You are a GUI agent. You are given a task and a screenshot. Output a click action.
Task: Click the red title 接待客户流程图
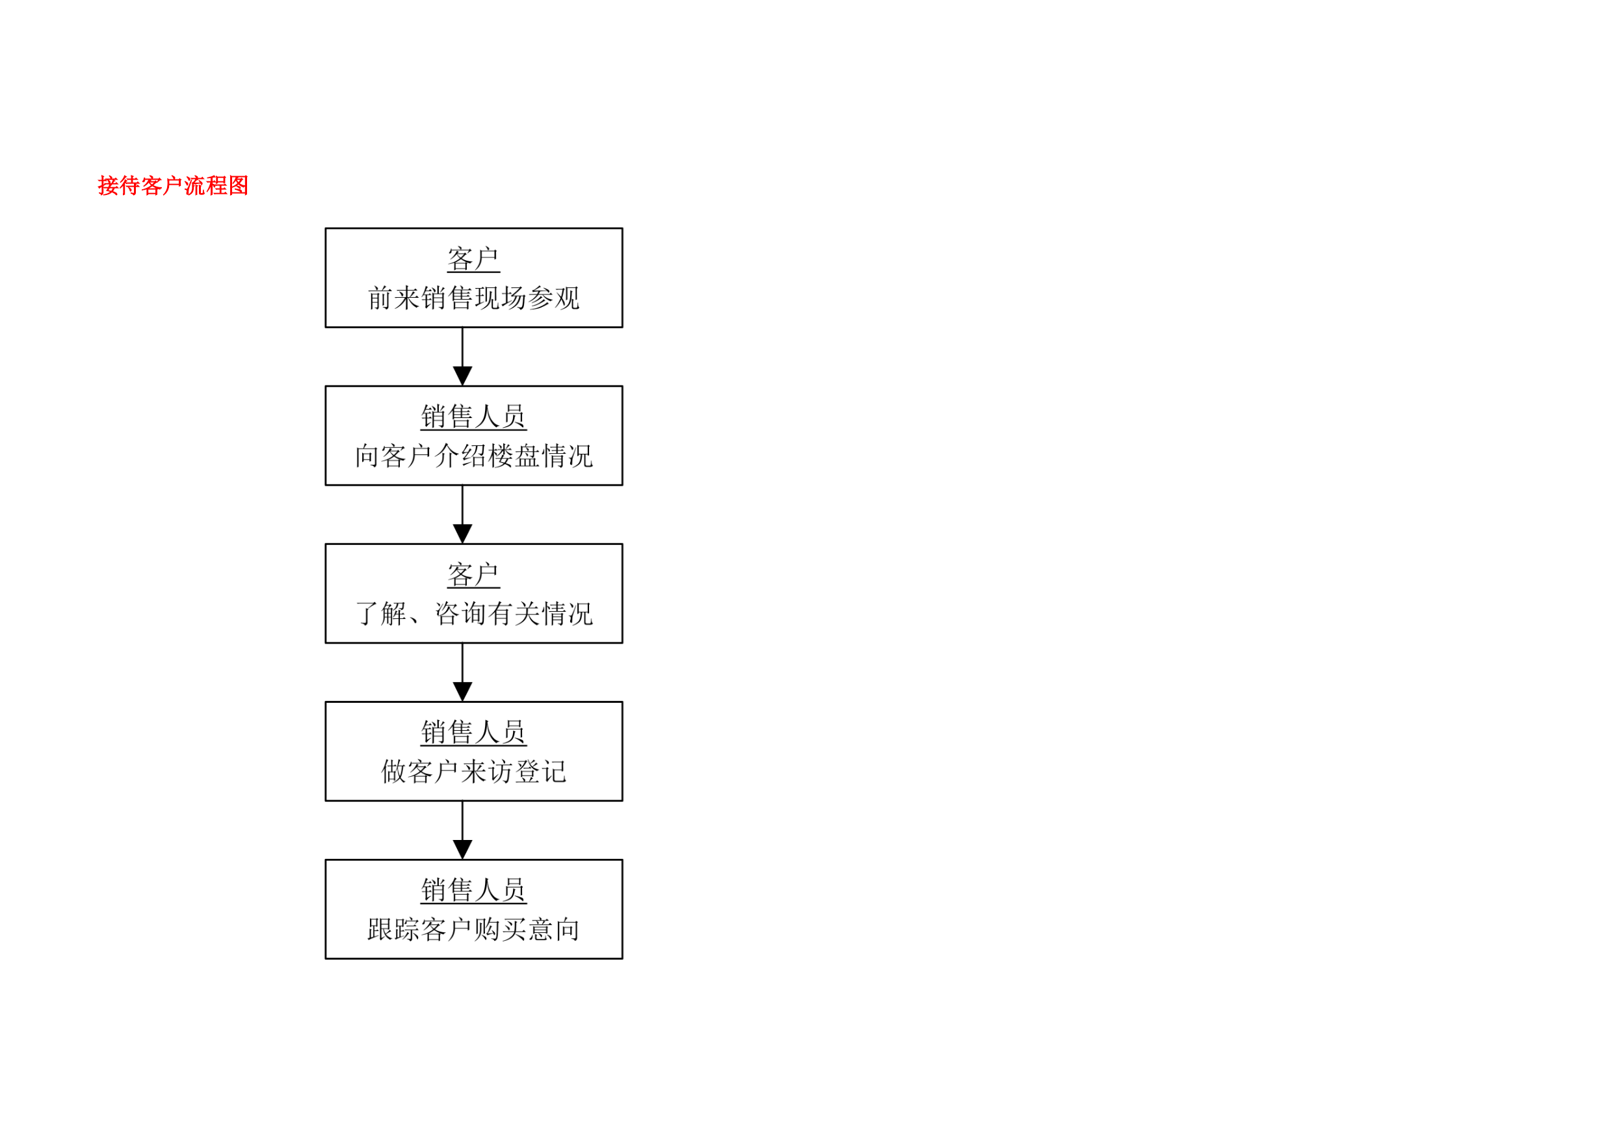tap(173, 185)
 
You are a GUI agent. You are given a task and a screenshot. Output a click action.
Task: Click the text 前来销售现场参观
tap(473, 298)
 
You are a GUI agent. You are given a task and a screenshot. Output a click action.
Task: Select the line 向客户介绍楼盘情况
tap(473, 456)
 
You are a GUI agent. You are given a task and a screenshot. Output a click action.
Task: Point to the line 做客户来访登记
tap(473, 772)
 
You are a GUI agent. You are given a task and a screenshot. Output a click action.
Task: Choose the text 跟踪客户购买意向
tap(473, 930)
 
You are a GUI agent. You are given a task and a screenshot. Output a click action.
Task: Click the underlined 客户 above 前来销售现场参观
tap(473, 259)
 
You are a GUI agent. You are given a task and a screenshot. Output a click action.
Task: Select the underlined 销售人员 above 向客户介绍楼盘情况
tap(473, 417)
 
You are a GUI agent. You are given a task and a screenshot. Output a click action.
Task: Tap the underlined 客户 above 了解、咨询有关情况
tap(473, 575)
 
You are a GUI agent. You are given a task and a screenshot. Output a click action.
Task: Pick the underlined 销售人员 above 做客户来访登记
tap(473, 732)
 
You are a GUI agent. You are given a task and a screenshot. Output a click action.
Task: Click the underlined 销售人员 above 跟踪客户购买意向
tap(473, 890)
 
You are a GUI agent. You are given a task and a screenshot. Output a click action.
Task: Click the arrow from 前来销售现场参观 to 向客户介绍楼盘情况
tap(462, 356)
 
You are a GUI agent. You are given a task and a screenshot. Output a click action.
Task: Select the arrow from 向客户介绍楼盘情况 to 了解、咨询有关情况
tap(462, 514)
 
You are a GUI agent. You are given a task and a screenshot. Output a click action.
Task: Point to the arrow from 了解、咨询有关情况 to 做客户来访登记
tap(462, 672)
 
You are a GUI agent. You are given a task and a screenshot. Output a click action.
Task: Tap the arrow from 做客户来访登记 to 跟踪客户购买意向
tap(462, 830)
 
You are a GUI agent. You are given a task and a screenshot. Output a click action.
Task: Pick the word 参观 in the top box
tap(553, 298)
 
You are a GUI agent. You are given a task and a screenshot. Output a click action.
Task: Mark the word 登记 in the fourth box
tap(540, 772)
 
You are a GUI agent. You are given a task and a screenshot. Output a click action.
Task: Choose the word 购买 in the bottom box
tap(500, 930)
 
